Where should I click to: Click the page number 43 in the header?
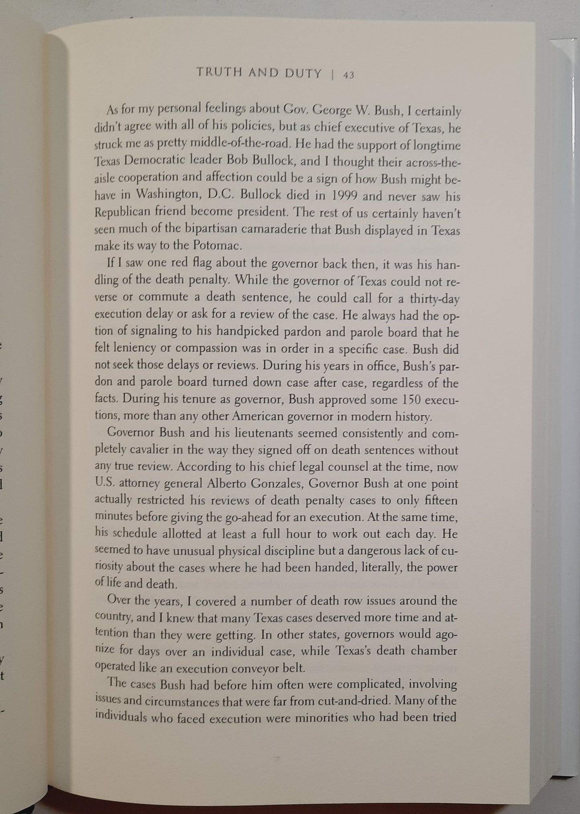348,75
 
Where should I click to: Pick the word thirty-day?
434,299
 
